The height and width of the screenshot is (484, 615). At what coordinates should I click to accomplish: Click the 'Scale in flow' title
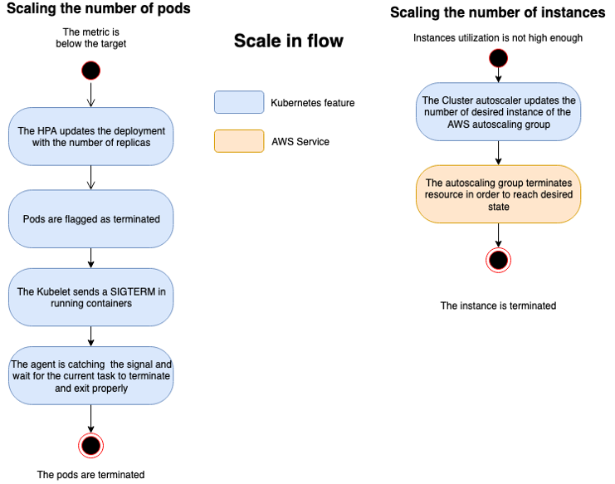point(288,42)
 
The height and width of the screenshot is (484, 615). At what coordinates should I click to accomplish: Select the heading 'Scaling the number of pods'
point(99,9)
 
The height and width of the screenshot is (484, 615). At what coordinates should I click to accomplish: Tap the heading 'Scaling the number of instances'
point(497,12)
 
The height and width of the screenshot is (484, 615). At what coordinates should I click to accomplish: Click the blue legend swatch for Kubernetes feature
point(238,103)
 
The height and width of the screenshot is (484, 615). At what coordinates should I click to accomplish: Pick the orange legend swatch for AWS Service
point(238,141)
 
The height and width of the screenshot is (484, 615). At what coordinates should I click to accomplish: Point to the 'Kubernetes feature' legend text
point(312,103)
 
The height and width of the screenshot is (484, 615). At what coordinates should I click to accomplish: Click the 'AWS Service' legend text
point(300,142)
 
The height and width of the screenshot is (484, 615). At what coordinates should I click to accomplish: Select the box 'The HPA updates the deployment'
point(91,138)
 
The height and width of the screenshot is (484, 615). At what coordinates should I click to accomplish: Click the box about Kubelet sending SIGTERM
point(91,297)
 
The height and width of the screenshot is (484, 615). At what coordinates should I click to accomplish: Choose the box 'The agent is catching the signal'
point(91,376)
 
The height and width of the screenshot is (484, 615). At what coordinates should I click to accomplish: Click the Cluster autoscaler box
point(498,112)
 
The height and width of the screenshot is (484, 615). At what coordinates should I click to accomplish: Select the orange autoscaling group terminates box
point(498,194)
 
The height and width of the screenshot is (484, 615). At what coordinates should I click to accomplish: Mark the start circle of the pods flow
point(91,70)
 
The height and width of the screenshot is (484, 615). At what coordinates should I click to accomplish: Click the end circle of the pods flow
point(91,446)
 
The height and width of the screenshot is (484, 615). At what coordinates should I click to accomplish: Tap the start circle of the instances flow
point(498,58)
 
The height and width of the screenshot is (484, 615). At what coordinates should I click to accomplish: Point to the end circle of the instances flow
point(498,260)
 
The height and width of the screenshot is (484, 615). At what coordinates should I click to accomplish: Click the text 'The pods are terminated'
point(91,475)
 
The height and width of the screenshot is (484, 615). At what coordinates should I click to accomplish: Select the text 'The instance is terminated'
point(498,306)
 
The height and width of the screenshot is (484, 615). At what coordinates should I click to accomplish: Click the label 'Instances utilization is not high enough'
point(498,38)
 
